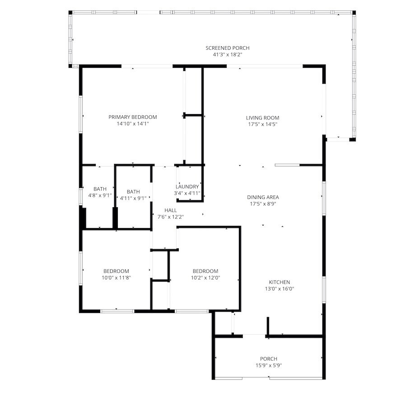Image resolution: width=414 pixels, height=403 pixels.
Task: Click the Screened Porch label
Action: tap(228, 48)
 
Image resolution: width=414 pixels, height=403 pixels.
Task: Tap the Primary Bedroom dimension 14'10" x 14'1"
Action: tap(133, 123)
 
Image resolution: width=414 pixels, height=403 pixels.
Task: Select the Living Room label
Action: tap(262, 118)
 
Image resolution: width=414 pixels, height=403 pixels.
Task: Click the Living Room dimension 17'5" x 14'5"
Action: tap(262, 124)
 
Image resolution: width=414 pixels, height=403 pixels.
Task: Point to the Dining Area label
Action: tap(263, 197)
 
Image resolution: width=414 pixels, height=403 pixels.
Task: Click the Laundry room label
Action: tap(187, 186)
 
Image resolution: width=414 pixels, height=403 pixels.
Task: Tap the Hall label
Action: tap(171, 210)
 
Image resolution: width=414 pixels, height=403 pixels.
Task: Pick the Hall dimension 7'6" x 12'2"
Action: tap(171, 217)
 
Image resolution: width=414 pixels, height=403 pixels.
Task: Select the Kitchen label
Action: tap(279, 282)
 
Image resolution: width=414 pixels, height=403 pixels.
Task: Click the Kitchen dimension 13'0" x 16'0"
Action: tap(279, 289)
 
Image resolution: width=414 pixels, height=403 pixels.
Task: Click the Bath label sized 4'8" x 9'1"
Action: tap(100, 189)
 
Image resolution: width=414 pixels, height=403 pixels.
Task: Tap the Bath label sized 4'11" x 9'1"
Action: tap(133, 191)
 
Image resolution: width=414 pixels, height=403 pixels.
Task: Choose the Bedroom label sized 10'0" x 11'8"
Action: tap(116, 271)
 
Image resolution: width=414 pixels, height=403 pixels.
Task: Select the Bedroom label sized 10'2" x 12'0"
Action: tap(205, 271)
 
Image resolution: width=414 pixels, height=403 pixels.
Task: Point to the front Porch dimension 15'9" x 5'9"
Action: tap(269, 365)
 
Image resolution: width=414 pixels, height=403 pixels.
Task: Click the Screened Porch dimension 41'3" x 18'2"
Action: tap(228, 54)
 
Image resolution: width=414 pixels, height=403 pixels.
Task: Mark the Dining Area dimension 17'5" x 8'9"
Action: tap(263, 204)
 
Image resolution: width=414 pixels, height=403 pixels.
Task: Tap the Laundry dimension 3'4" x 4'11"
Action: tap(187, 193)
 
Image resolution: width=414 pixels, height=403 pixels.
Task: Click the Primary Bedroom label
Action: tap(133, 117)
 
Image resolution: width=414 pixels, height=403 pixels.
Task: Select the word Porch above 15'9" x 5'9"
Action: tap(269, 359)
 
